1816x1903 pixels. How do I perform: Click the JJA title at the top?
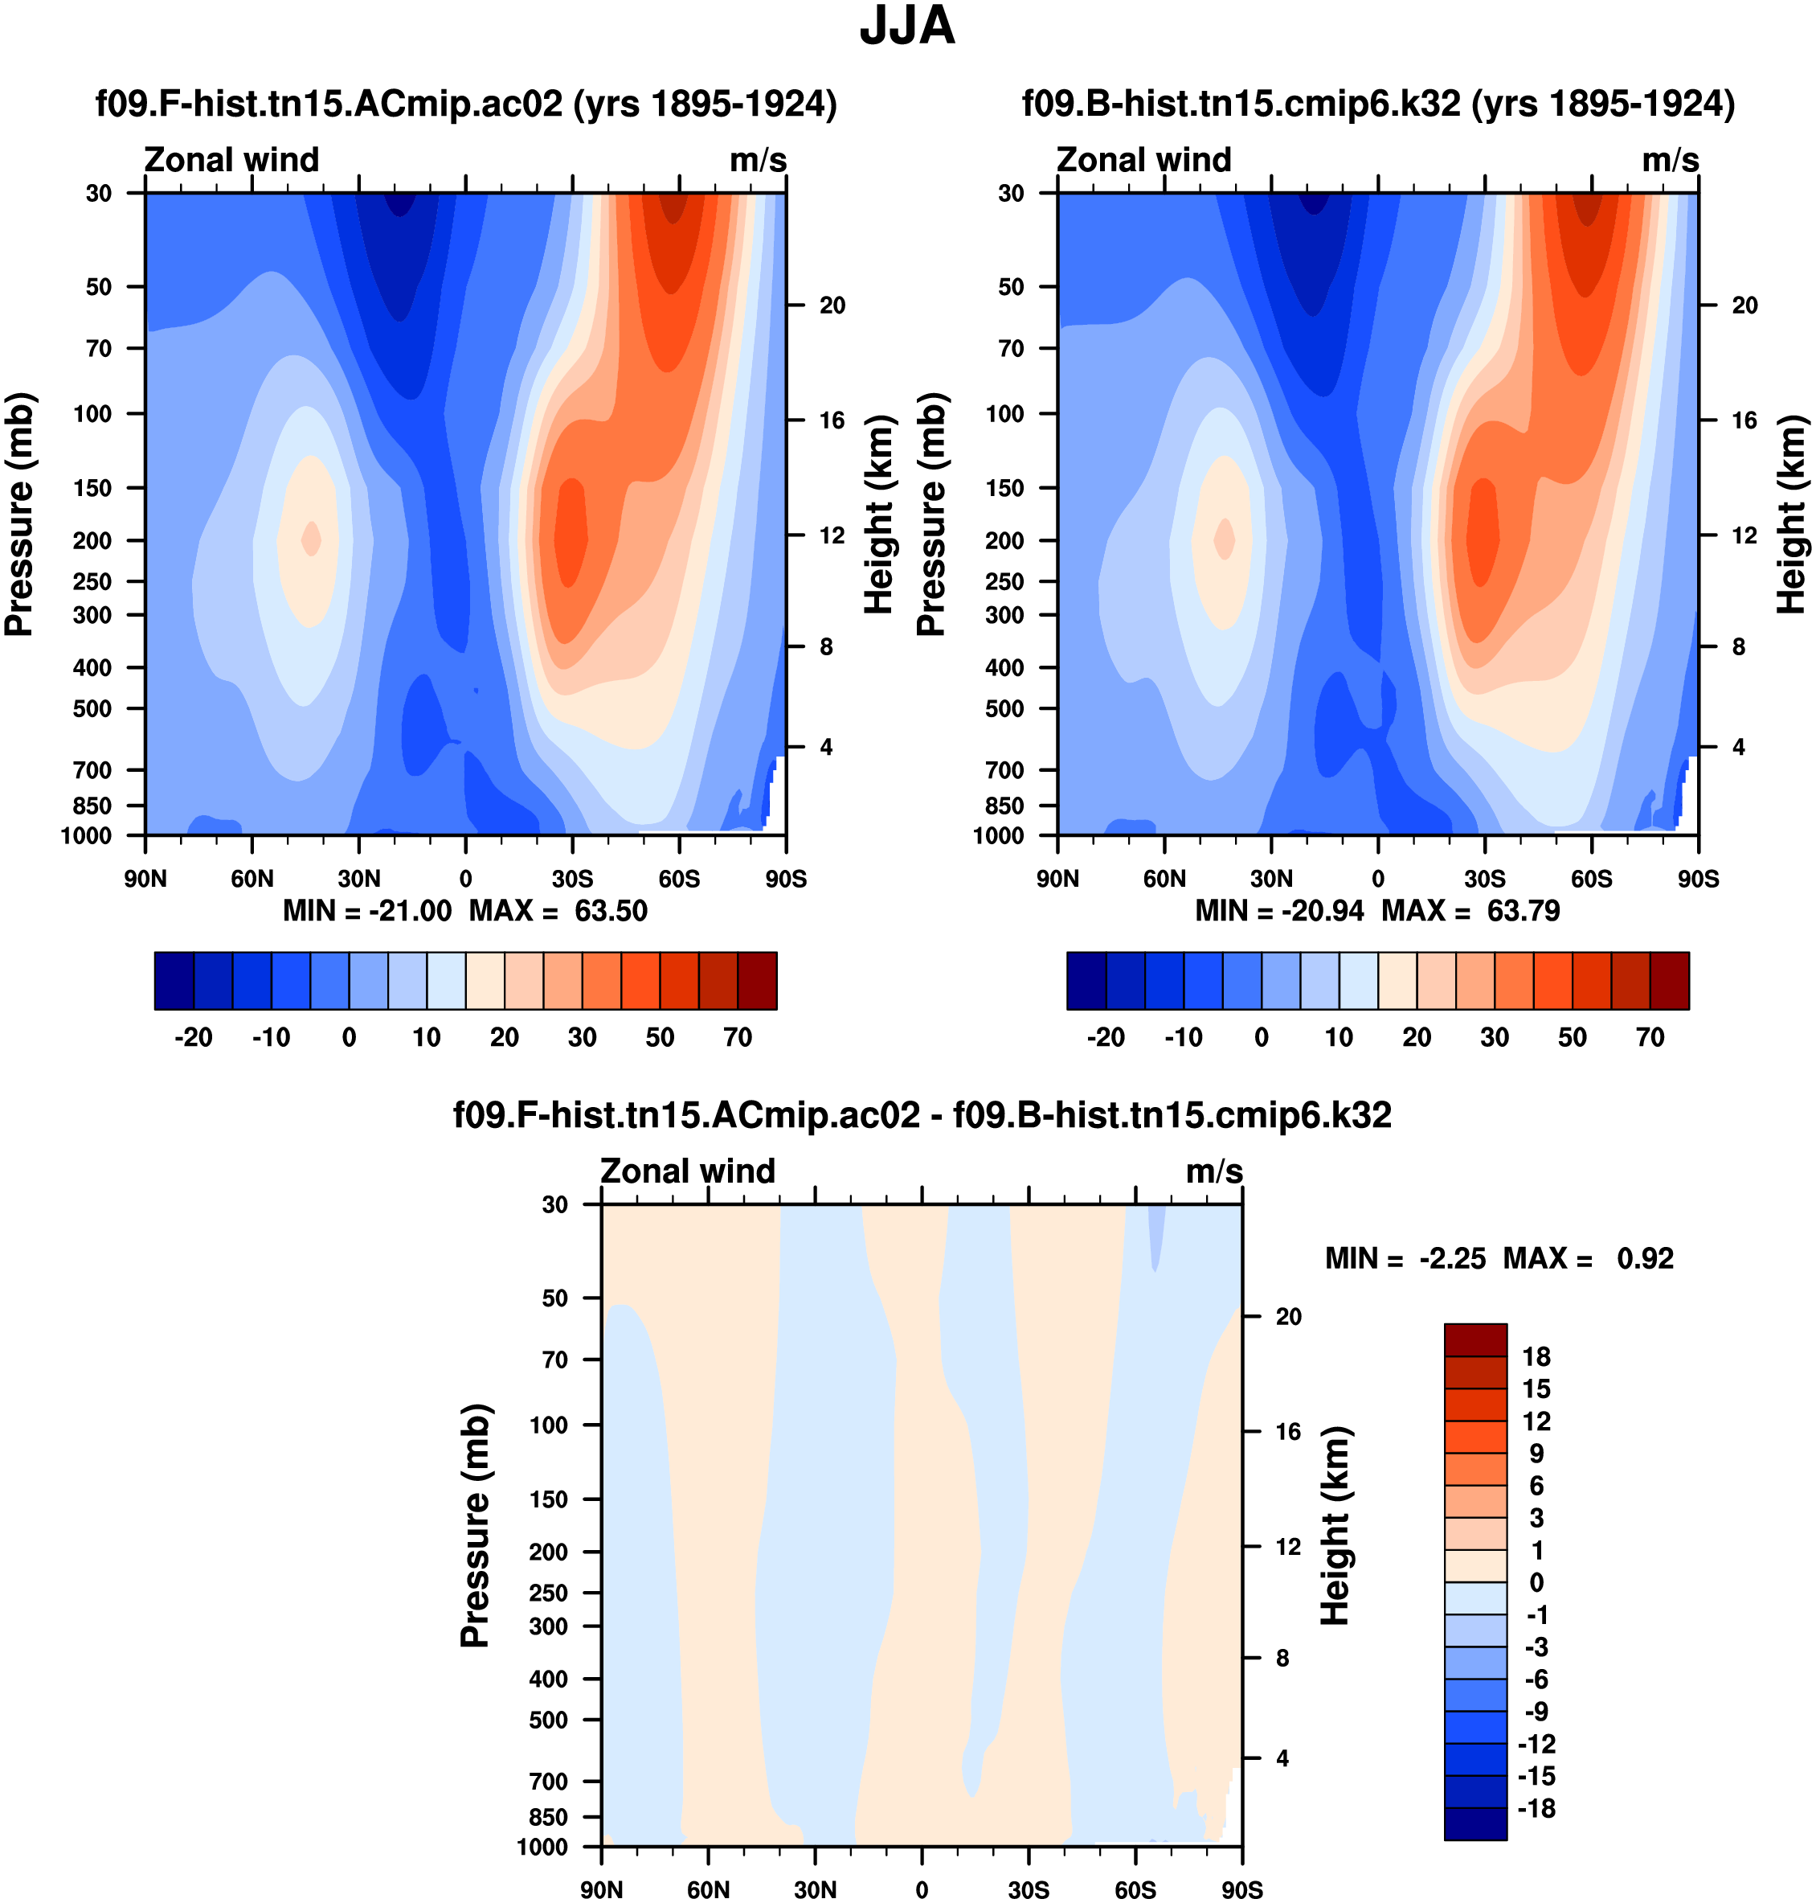point(907,27)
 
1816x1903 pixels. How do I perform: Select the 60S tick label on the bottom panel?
point(1135,1889)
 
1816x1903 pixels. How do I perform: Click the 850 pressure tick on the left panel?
point(93,806)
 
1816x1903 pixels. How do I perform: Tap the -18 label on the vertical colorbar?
point(1536,1808)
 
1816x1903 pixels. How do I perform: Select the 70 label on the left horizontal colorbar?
point(738,1038)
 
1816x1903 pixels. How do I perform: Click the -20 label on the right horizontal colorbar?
point(1106,1038)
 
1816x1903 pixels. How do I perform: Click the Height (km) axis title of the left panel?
point(878,515)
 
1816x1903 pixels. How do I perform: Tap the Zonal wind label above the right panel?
point(1143,160)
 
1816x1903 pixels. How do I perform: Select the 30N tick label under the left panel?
point(359,880)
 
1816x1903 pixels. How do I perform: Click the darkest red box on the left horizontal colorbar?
point(757,981)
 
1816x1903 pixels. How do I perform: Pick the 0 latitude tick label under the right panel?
point(1377,880)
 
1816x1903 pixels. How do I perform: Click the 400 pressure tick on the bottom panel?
point(549,1679)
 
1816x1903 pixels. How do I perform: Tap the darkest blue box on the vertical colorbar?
point(1475,1823)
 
